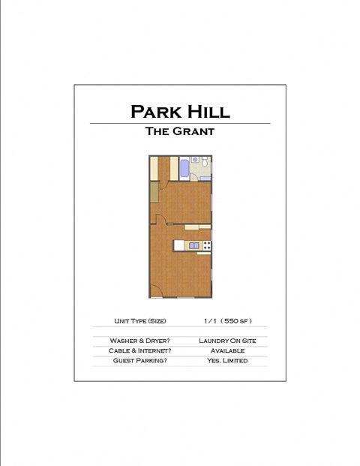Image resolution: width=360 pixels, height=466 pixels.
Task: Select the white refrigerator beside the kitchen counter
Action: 178,245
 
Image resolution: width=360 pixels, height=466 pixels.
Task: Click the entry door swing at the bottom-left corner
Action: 155,292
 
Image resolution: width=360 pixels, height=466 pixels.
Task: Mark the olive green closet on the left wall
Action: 153,192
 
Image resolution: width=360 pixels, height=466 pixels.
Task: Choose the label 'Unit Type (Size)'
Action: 139,321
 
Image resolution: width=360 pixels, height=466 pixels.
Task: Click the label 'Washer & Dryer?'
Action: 139,341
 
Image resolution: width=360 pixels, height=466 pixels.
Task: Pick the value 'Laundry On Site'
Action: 226,341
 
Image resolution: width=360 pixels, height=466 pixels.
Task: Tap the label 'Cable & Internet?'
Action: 139,350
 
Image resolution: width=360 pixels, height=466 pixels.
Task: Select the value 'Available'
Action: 226,350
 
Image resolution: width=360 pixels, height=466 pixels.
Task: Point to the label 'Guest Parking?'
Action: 139,361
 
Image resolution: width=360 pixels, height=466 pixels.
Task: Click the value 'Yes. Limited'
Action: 226,361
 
